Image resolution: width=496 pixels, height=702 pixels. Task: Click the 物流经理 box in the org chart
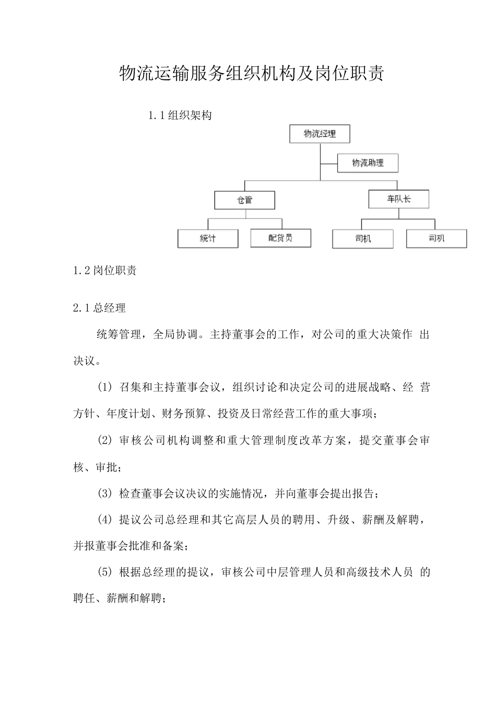pyautogui.click(x=320, y=134)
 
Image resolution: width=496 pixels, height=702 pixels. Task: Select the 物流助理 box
pyautogui.click(x=368, y=163)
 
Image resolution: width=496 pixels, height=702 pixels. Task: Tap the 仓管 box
pyautogui.click(x=244, y=200)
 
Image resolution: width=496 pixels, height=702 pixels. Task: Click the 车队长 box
pyautogui.click(x=398, y=199)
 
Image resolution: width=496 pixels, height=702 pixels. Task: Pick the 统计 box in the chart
pyautogui.click(x=208, y=239)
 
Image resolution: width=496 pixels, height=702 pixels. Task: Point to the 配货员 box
pyautogui.click(x=280, y=238)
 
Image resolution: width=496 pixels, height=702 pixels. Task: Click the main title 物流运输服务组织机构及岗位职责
pyautogui.click(x=252, y=74)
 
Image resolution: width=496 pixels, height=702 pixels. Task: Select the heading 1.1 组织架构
pyautogui.click(x=180, y=115)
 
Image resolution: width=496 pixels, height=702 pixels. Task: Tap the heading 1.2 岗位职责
pyautogui.click(x=105, y=271)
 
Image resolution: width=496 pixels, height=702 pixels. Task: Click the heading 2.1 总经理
pyautogui.click(x=100, y=308)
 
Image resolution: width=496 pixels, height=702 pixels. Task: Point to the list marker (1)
pyautogui.click(x=104, y=387)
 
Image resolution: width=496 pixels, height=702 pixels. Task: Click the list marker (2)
pyautogui.click(x=104, y=440)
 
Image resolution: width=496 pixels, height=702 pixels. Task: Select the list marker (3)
pyautogui.click(x=104, y=493)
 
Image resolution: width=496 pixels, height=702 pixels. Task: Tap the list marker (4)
pyautogui.click(x=104, y=519)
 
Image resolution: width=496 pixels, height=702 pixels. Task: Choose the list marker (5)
pyautogui.click(x=104, y=572)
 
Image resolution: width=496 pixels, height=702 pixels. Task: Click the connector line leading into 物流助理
pyautogui.click(x=329, y=163)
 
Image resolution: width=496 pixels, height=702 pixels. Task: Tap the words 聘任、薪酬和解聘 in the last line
pyautogui.click(x=119, y=599)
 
